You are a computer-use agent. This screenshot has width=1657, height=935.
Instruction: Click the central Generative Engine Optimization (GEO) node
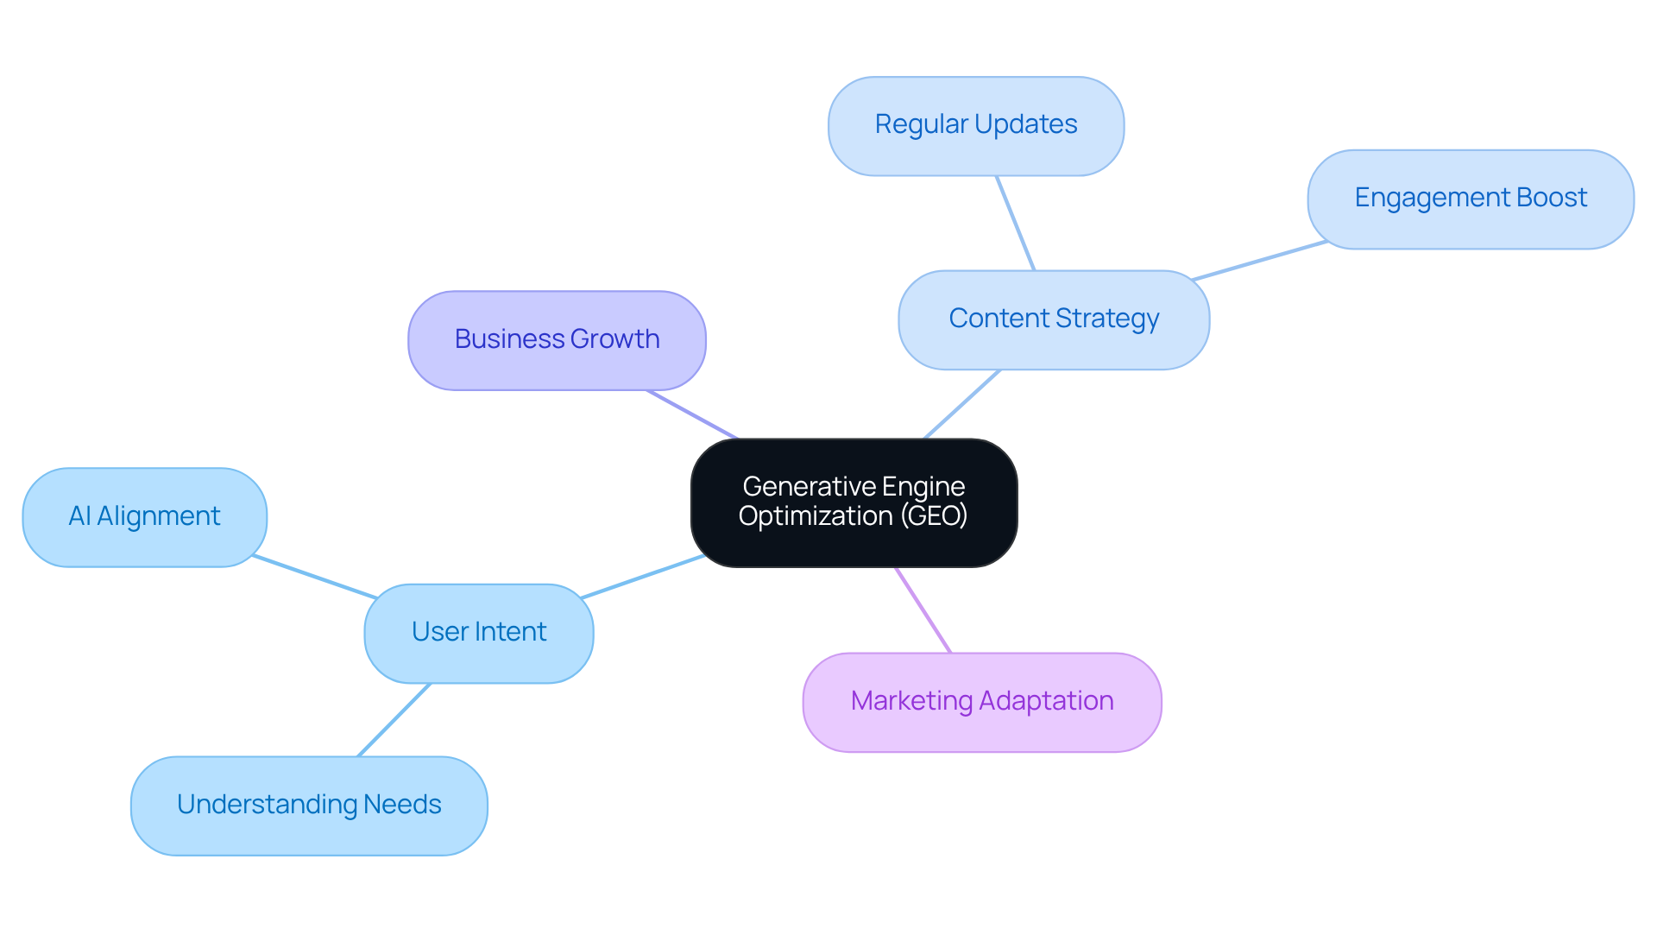point(854,502)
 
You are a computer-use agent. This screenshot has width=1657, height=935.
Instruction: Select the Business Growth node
point(557,340)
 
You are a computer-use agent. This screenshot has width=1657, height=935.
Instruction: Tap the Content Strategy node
point(1054,319)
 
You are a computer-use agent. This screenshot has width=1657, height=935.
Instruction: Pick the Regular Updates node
point(975,126)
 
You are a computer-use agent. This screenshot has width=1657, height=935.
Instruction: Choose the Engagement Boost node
point(1470,199)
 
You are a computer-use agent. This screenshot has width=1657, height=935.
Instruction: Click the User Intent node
point(479,633)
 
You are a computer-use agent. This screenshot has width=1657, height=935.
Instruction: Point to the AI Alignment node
point(144,517)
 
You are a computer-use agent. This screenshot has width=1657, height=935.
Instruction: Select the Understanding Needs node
point(309,805)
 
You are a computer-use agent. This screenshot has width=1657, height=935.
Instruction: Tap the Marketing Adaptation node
point(982,702)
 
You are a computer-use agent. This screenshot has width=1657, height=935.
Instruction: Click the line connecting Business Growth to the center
point(692,414)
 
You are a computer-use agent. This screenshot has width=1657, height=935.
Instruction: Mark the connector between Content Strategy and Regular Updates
point(1015,223)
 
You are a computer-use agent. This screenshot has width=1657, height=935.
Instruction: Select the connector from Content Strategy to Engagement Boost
point(1259,261)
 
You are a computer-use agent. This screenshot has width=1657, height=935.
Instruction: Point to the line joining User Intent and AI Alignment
point(315,577)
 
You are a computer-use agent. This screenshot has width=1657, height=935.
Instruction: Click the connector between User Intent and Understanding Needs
point(394,720)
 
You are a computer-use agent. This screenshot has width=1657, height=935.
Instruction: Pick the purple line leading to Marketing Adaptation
point(923,610)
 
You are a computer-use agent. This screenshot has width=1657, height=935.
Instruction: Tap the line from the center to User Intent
point(643,577)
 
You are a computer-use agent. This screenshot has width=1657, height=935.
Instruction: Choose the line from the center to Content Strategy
point(962,404)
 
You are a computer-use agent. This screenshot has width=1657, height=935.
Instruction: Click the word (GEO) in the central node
point(934,516)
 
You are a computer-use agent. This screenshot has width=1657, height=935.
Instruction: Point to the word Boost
point(1551,198)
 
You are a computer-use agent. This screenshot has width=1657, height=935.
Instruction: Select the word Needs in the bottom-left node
point(402,805)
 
